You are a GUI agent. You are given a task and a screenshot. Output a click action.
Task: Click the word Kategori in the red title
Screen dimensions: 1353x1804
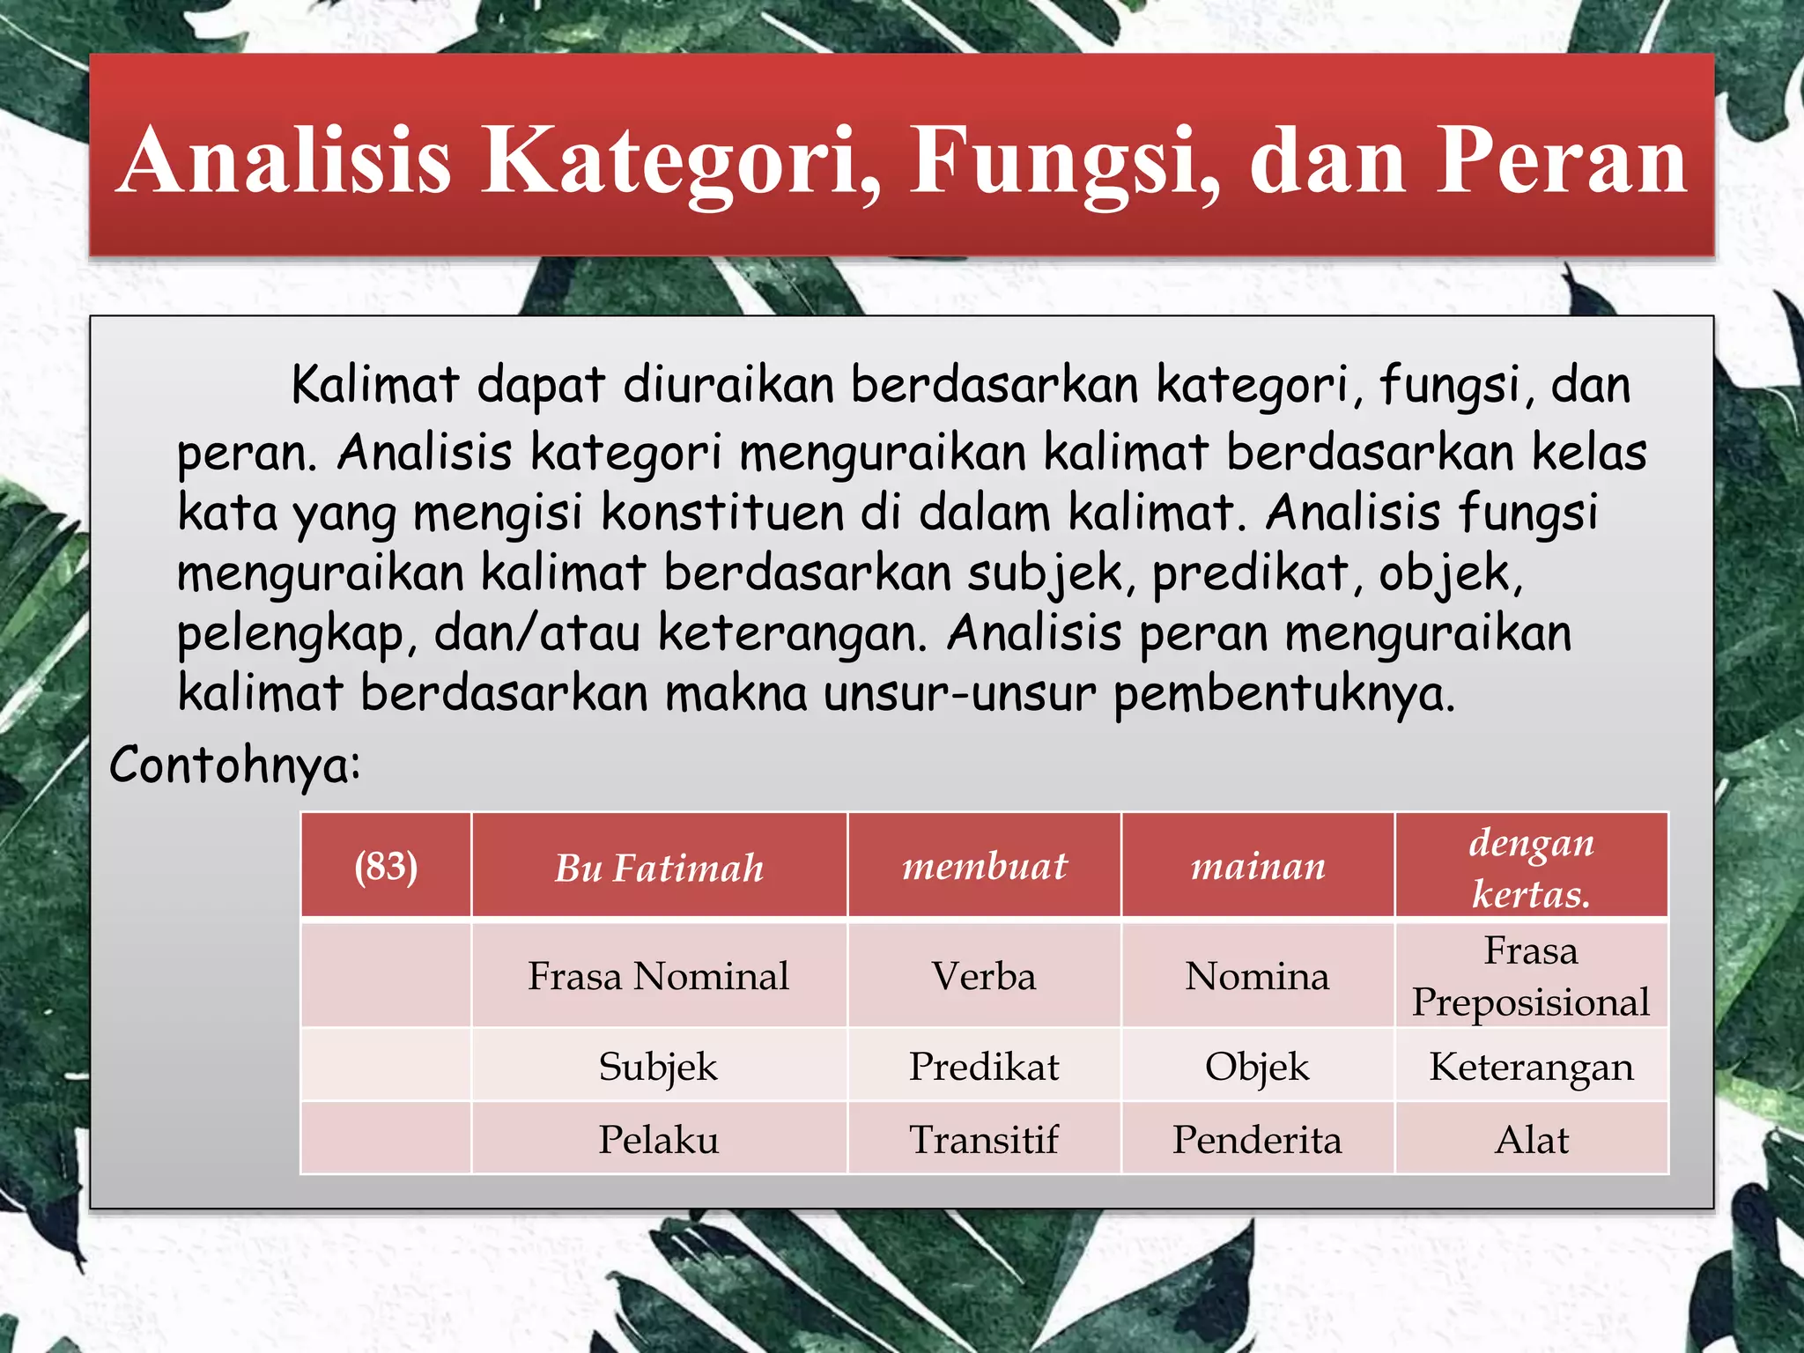(x=678, y=160)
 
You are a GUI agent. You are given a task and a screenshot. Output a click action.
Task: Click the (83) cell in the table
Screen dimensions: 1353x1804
(x=386, y=866)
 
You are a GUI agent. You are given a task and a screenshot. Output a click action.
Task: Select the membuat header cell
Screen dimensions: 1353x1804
(x=984, y=866)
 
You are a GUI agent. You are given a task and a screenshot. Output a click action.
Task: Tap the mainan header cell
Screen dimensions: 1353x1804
(x=1257, y=866)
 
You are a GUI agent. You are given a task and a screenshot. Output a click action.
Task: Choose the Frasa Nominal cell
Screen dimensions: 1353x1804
(x=659, y=976)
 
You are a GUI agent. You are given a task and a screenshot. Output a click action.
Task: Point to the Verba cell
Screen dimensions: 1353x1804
(x=984, y=976)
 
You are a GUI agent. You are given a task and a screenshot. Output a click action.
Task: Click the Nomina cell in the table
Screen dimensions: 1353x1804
(x=1257, y=976)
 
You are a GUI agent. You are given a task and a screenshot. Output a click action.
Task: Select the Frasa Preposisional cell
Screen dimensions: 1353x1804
(x=1531, y=976)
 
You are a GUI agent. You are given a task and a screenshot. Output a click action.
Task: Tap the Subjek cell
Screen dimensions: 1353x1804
(x=659, y=1067)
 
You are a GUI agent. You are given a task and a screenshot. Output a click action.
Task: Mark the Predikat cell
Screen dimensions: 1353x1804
(x=984, y=1067)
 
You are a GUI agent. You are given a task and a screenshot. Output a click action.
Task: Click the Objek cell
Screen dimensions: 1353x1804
(x=1257, y=1067)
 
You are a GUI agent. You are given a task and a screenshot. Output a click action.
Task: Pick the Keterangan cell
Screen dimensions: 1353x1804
(x=1531, y=1067)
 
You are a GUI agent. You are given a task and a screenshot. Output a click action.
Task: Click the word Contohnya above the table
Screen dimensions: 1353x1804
(x=234, y=765)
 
